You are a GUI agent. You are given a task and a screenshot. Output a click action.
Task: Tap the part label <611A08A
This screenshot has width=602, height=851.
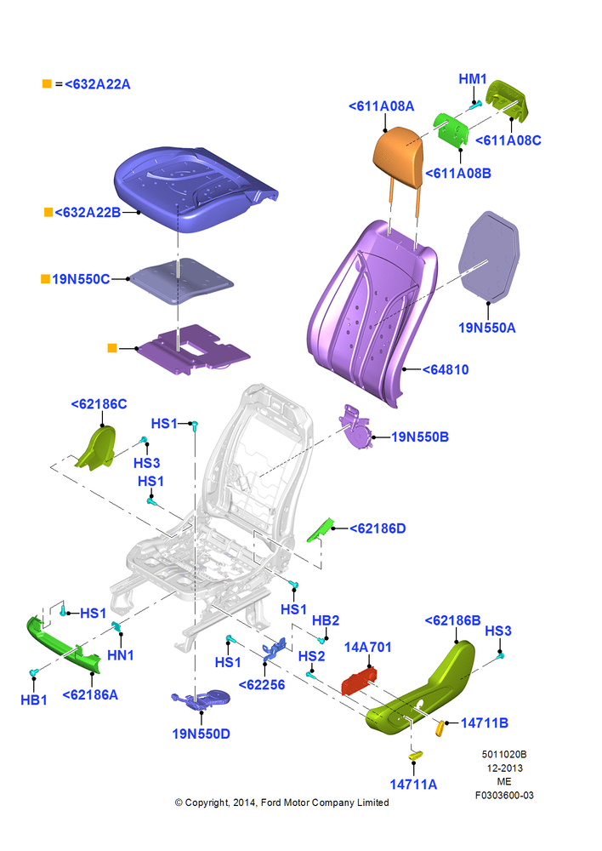[381, 106]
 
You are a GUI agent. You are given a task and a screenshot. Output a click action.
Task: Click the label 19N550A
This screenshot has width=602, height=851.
[487, 328]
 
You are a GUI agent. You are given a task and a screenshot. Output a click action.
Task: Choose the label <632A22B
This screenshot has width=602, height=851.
[88, 212]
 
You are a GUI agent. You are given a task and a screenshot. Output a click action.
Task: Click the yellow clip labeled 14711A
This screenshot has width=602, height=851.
[415, 756]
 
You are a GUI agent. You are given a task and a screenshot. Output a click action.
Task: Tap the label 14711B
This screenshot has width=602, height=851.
[485, 722]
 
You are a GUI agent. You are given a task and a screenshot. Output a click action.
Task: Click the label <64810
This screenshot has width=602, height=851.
[446, 369]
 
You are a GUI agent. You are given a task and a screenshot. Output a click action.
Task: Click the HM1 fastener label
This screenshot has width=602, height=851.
[473, 78]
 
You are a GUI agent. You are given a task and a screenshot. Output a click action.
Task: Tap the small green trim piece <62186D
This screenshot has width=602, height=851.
[321, 529]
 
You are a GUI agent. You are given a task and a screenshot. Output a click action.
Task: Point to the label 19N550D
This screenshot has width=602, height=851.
[202, 734]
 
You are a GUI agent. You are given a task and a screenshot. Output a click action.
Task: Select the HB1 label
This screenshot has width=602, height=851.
[34, 700]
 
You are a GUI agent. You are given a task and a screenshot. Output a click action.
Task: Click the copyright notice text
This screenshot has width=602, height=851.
[281, 802]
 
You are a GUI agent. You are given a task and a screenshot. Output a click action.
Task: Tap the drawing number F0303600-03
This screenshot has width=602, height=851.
[504, 795]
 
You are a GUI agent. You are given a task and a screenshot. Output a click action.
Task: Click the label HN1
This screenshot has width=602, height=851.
[121, 655]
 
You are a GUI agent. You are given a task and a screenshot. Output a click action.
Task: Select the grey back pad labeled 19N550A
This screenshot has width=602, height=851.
[489, 256]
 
